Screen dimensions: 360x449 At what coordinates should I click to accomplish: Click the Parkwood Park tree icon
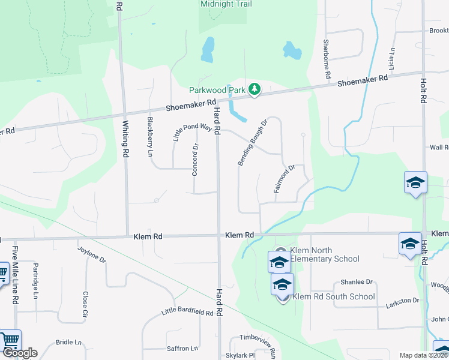[255, 89]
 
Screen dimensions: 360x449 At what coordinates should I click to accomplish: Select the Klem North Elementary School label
[325, 254]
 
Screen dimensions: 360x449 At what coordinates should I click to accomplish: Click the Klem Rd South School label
[334, 296]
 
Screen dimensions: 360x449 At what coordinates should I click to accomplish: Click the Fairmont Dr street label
[285, 179]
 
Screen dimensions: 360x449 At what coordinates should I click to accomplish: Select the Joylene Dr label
[92, 254]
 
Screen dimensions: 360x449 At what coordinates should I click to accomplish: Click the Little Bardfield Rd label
[187, 313]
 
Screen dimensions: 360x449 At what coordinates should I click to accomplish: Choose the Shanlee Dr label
[357, 281]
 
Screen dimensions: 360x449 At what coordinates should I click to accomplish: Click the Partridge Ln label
[35, 280]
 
